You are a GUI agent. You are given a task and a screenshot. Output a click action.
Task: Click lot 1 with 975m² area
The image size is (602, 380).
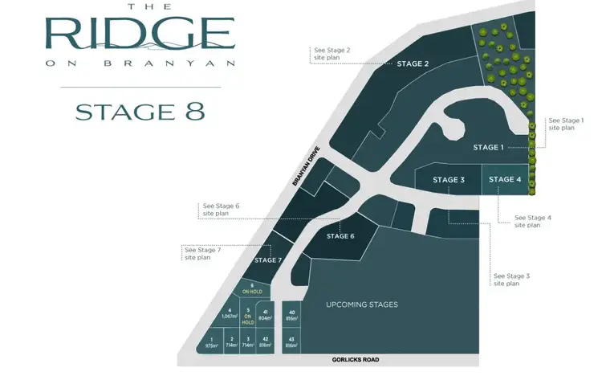[211, 342]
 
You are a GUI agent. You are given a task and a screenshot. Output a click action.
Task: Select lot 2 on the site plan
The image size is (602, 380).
[231, 342]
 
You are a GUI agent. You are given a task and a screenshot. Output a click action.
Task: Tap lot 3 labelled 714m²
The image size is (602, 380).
[248, 342]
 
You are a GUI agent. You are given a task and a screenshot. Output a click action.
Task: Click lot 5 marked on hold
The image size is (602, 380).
[248, 316]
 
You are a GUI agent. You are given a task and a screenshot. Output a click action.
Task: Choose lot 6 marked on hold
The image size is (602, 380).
[252, 288]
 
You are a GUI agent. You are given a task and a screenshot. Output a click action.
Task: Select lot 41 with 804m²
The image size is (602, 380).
[265, 315]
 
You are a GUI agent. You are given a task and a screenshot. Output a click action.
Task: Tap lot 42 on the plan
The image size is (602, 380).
[265, 342]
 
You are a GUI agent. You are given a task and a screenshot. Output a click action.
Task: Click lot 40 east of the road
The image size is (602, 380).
[291, 315]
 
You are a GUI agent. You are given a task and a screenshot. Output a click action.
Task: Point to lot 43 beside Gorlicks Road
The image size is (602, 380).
[291, 342]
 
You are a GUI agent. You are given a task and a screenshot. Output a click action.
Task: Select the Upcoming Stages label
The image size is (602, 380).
[362, 305]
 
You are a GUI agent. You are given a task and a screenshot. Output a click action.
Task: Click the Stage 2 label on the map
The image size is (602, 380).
[413, 63]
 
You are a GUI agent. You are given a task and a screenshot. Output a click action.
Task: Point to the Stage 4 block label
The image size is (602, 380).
[505, 179]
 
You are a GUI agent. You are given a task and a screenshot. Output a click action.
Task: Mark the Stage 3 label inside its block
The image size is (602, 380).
[449, 180]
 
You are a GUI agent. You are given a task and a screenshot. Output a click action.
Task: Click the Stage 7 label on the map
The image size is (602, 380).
[268, 260]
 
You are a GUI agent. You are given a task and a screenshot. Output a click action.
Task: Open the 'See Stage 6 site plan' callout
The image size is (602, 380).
[221, 209]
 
